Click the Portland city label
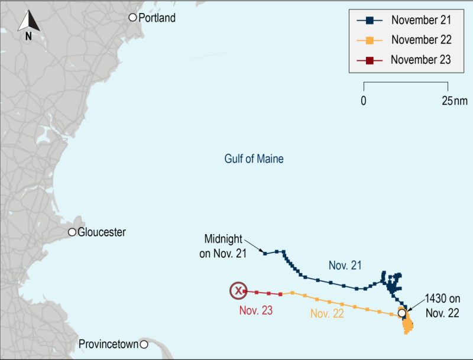pyautogui.click(x=157, y=18)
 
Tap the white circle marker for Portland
pyautogui.click(x=133, y=18)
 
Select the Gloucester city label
pyautogui.click(x=102, y=232)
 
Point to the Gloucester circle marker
pyautogui.click(x=72, y=232)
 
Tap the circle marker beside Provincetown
pyautogui.click(x=144, y=344)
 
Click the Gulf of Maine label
pyautogui.click(x=254, y=159)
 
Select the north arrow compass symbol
pyautogui.click(x=28, y=24)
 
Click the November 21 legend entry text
pyautogui.click(x=421, y=20)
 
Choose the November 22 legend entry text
pyautogui.click(x=421, y=40)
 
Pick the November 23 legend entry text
pyautogui.click(x=421, y=60)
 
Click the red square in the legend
pyautogui.click(x=370, y=60)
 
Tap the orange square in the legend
pyautogui.click(x=370, y=40)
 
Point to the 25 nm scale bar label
pyautogui.click(x=453, y=100)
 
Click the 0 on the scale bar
pyautogui.click(x=363, y=100)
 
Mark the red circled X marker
pyautogui.click(x=238, y=290)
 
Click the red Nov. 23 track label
pyautogui.click(x=256, y=310)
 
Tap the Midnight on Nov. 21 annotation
pyautogui.click(x=223, y=244)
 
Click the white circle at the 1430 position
pyautogui.click(x=402, y=312)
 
